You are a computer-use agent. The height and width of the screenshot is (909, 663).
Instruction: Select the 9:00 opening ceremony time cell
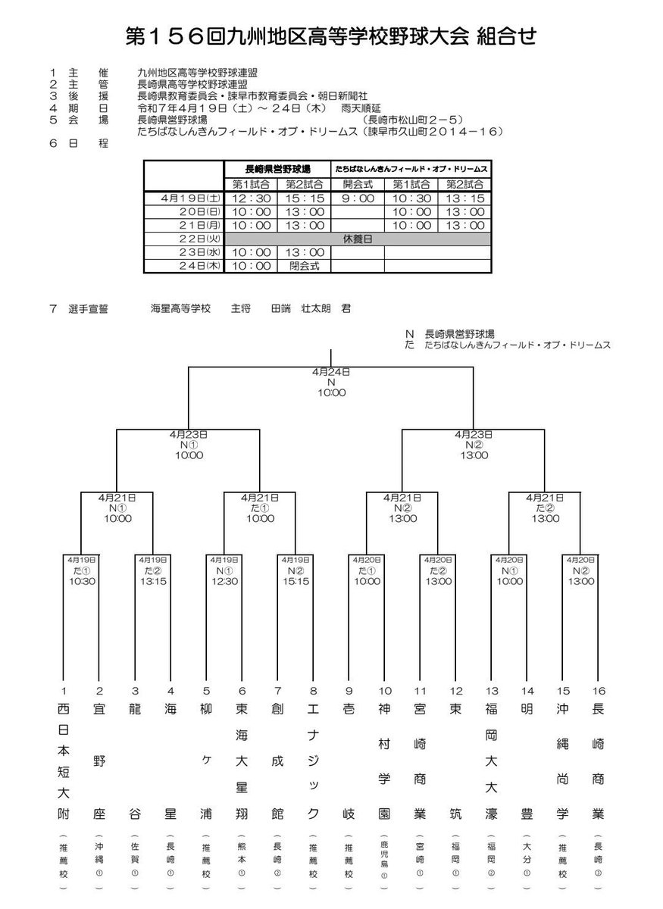(358, 198)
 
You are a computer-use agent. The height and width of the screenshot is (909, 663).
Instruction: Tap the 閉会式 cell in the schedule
(305, 266)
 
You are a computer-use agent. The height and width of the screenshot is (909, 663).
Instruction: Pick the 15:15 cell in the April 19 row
(305, 198)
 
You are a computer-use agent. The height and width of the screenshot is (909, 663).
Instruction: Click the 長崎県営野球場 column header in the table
(278, 169)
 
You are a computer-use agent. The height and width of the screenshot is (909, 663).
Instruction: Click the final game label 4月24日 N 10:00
(331, 383)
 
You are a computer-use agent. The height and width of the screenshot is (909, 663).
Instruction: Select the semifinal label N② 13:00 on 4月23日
(474, 445)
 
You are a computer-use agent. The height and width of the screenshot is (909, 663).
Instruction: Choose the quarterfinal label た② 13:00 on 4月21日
(546, 508)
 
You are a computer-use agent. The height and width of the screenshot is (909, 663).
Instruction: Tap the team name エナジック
(312, 761)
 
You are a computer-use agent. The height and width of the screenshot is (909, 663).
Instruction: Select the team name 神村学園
(384, 761)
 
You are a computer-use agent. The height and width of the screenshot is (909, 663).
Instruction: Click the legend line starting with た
(508, 344)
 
